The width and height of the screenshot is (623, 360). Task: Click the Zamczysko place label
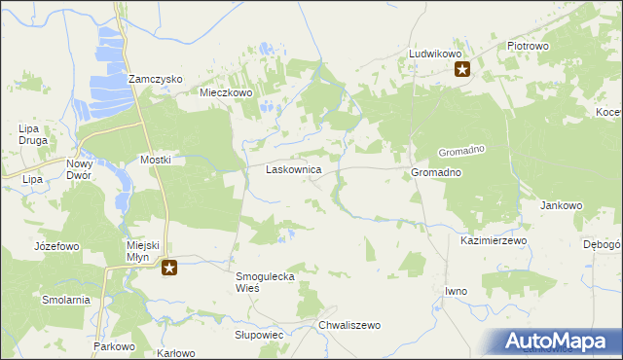[155, 80]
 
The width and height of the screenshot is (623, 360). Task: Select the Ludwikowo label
[434, 54]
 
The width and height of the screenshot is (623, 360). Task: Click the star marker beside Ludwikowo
[463, 69]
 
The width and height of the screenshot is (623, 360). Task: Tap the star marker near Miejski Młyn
[169, 268]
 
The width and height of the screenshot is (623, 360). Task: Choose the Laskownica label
[294, 169]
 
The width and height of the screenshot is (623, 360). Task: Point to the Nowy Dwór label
[79, 170]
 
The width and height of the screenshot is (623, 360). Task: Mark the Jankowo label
[561, 206]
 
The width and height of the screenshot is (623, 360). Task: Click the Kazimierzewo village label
[494, 239]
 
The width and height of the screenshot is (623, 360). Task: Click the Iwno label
[456, 291]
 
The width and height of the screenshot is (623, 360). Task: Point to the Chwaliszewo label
[348, 325]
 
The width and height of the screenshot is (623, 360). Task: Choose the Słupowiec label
[258, 334]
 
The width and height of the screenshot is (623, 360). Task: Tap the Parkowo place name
[113, 346]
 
